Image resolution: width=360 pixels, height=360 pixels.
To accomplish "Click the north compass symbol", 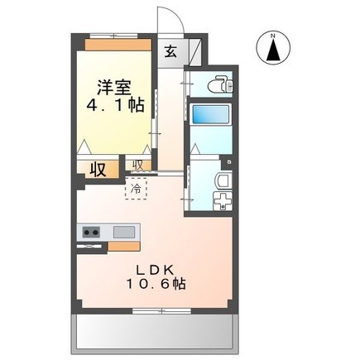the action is [x=273, y=47].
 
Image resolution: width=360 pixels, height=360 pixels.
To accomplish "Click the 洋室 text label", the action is [x=114, y=87].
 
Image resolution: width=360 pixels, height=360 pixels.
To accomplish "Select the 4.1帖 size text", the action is [x=116, y=105].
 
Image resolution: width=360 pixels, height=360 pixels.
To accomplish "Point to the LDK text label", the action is [x=156, y=270].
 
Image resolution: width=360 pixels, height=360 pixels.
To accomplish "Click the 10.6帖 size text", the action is [x=156, y=284].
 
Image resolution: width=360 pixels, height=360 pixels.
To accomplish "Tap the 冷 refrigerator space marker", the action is [x=136, y=189].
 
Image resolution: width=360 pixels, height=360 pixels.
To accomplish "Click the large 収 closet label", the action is [x=98, y=170].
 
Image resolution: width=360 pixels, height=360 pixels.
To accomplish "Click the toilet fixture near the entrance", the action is [x=221, y=84].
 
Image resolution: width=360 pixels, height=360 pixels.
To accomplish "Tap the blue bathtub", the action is [x=210, y=114].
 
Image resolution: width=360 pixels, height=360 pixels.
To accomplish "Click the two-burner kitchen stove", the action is [x=91, y=232].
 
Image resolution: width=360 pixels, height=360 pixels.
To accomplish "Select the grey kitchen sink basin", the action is [x=124, y=232].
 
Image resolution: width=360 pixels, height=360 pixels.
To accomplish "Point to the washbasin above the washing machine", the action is [x=223, y=180].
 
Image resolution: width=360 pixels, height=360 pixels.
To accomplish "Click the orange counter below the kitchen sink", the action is [x=124, y=246].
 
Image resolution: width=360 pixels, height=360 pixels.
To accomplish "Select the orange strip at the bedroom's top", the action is [x=118, y=45].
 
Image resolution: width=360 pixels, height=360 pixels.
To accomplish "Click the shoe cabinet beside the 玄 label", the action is [x=195, y=51].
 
